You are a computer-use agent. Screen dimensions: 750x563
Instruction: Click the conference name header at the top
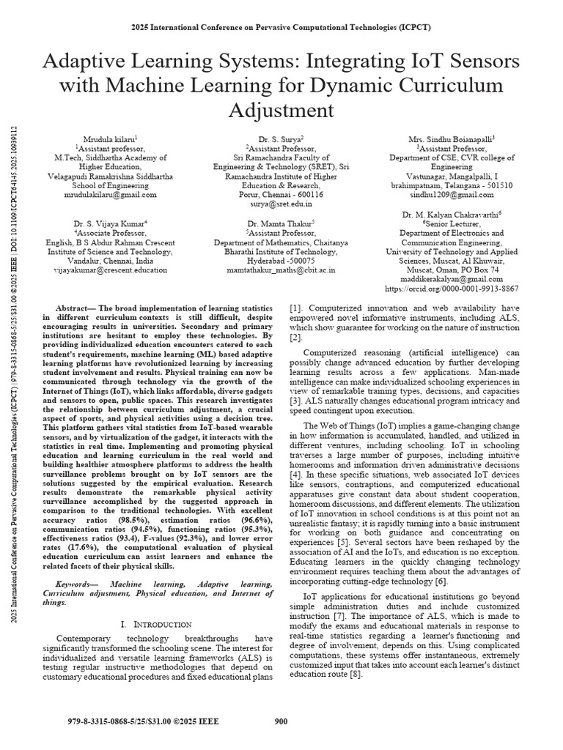[281, 27]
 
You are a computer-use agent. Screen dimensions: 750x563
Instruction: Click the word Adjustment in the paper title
[281, 111]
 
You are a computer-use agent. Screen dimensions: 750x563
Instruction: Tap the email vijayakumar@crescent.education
[111, 270]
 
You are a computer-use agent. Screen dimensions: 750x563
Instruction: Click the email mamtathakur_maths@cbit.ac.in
[281, 270]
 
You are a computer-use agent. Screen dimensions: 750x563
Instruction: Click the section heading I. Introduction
[156, 624]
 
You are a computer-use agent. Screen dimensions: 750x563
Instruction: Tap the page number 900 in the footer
[281, 721]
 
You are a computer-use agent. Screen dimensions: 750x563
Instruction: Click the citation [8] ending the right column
[355, 675]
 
